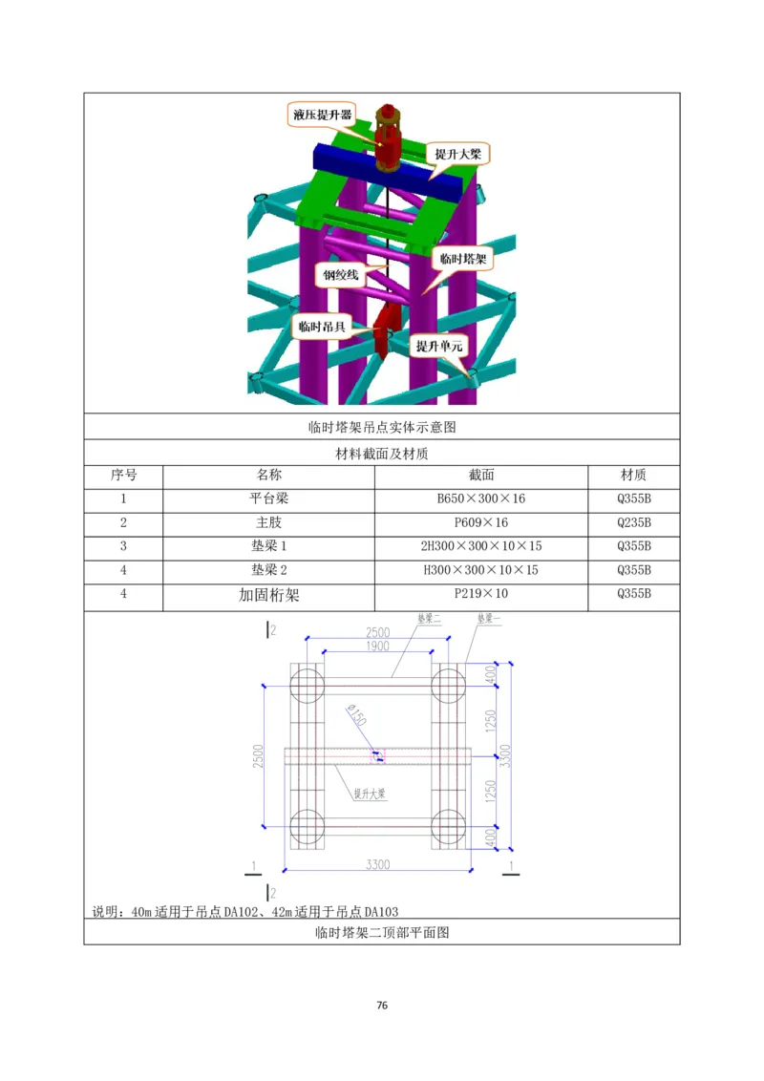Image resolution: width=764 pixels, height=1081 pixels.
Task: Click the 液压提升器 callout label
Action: [x=320, y=116]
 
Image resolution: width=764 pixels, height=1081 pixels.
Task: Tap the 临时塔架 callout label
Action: [x=462, y=258]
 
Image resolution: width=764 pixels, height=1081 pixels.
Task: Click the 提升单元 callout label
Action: [x=439, y=347]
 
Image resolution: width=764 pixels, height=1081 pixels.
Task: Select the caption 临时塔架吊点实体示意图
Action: [x=382, y=427]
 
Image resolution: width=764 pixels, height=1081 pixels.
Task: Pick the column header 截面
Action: [x=480, y=475]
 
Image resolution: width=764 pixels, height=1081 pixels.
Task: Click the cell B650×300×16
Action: [x=480, y=498]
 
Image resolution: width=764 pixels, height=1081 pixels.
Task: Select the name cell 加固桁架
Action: [x=268, y=595]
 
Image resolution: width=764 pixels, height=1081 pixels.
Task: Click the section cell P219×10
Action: [x=480, y=594]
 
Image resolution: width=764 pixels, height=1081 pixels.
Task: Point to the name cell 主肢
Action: [x=268, y=522]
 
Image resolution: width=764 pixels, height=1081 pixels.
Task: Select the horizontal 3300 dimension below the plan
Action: [x=378, y=864]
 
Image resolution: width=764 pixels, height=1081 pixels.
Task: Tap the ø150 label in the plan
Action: [x=354, y=715]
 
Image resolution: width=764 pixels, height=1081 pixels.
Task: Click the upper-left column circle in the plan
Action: [x=308, y=685]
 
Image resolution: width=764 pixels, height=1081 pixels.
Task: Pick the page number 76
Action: [x=382, y=1006]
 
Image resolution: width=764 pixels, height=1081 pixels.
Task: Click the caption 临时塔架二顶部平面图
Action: [x=382, y=933]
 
